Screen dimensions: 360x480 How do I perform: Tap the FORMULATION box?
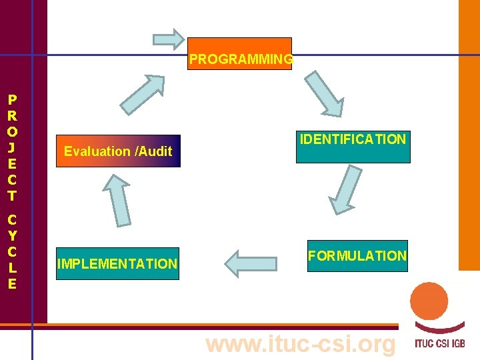coord(357,256)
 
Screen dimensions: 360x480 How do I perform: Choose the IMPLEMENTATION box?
coord(117,263)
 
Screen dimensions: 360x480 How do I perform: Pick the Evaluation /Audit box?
coord(118,151)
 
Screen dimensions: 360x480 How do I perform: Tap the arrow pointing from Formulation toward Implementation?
coord(250,263)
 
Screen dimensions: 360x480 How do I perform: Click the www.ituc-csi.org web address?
coord(301,344)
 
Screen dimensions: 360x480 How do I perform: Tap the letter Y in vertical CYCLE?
coord(12,235)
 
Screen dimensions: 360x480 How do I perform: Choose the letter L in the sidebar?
coord(12,267)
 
